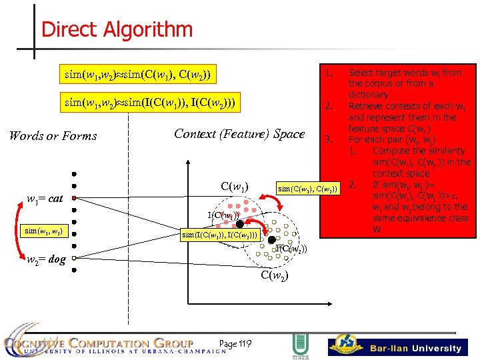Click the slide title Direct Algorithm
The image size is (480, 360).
coord(117,30)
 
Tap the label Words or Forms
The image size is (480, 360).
coord(53,136)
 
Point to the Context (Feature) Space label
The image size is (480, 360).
coord(239,134)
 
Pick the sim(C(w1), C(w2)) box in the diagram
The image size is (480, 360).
coord(309,189)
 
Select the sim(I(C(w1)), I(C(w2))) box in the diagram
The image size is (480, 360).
coord(220,235)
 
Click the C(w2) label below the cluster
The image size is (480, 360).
coord(274,275)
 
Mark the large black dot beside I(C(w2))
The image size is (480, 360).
coord(271,239)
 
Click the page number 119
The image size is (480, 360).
coord(235,344)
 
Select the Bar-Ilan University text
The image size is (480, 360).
coord(416,348)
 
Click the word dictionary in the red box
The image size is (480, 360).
coord(368,95)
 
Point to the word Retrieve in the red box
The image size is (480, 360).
coord(367,106)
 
